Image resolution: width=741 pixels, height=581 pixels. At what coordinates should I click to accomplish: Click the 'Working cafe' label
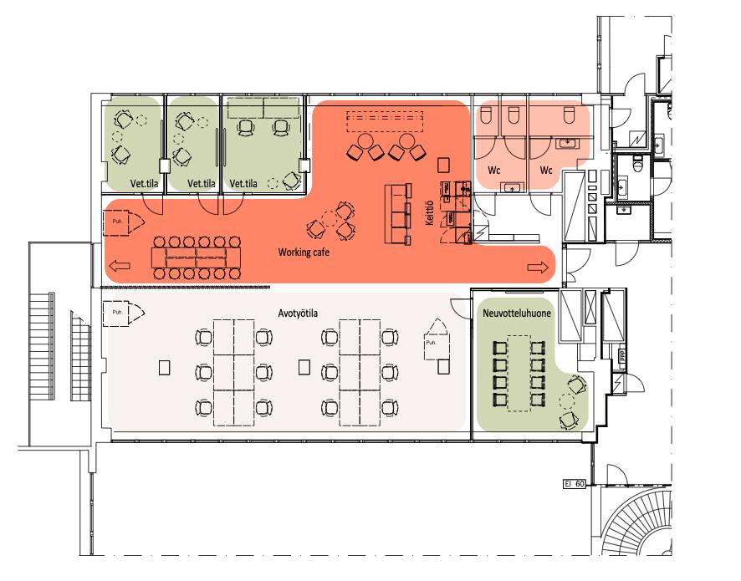click(x=304, y=252)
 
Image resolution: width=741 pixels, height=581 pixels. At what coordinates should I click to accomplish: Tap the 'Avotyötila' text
click(x=298, y=313)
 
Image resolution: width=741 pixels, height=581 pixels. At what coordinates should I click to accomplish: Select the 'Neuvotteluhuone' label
click(x=517, y=313)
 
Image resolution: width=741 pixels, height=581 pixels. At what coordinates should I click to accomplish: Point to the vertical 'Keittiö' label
click(x=429, y=212)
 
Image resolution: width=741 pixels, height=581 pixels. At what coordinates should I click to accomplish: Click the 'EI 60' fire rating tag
click(x=575, y=484)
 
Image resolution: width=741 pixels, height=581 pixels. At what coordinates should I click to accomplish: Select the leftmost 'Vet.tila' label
click(x=145, y=183)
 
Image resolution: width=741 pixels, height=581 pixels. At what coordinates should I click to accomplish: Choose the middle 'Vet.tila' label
click(x=202, y=183)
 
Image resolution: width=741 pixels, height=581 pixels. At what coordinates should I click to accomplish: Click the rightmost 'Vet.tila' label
click(x=243, y=183)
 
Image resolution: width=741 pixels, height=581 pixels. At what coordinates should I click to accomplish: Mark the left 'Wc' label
click(x=493, y=170)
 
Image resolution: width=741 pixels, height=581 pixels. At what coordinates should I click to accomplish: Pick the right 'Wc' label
click(x=546, y=170)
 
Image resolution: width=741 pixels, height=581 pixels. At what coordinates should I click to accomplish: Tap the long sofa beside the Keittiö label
click(x=397, y=215)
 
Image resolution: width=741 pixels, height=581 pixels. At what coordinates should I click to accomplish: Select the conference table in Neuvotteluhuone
click(x=519, y=373)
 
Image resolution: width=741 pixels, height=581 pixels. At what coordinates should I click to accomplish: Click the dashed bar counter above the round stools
click(x=384, y=121)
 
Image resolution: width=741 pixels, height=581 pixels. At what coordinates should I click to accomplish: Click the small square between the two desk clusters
click(x=304, y=367)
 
